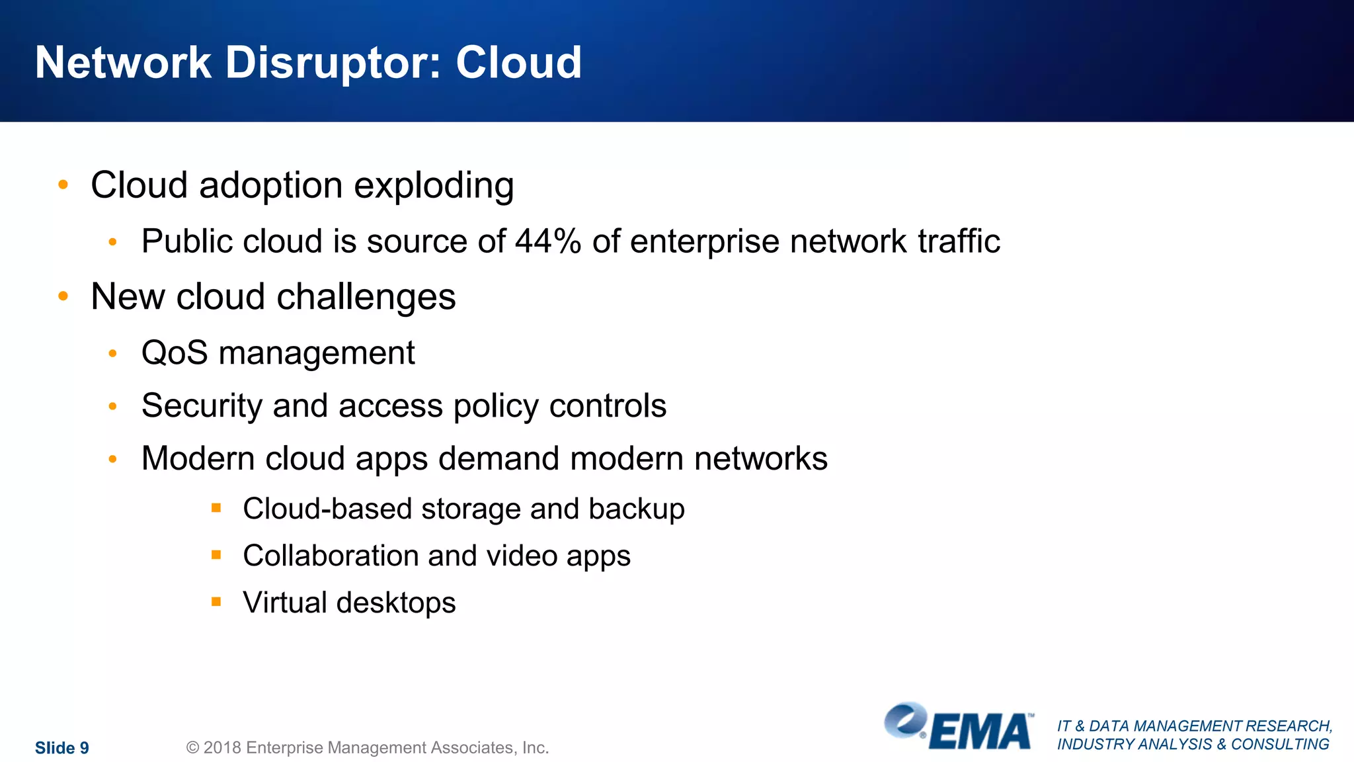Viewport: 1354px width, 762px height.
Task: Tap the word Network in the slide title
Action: [x=123, y=63]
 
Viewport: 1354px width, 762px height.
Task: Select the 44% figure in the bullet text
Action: [x=548, y=241]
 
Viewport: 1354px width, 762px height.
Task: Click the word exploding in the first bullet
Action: [x=434, y=186]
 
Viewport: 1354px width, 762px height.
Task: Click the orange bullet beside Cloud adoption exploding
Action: [x=63, y=185]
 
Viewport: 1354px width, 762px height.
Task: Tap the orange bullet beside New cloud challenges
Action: [x=63, y=296]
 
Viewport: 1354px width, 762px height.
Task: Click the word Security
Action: [x=202, y=406]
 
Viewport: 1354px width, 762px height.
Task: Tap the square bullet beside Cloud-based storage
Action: [x=216, y=508]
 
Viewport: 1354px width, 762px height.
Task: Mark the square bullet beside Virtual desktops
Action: [x=216, y=602]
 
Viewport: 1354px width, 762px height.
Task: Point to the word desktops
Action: [x=395, y=603]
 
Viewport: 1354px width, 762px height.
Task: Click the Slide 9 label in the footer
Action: [x=62, y=747]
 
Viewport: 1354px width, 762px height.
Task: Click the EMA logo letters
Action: [x=981, y=732]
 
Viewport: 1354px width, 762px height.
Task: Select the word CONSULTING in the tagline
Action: [x=1280, y=744]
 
